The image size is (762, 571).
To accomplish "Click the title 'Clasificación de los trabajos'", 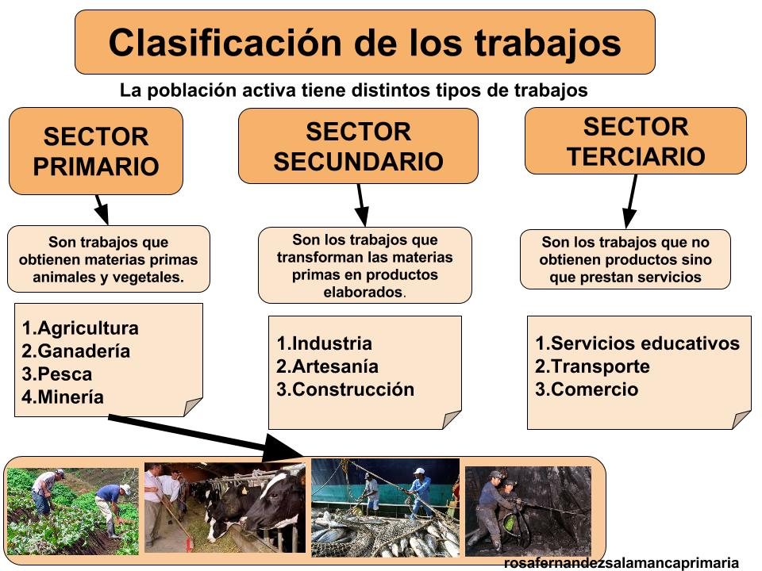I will [364, 42].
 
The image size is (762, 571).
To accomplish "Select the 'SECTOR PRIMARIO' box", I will [96, 151].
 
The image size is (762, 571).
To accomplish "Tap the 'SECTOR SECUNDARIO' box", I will [358, 146].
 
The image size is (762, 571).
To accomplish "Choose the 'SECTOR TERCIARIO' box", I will [636, 141].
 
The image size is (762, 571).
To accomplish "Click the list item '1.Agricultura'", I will [80, 328].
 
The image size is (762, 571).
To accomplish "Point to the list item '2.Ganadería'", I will [76, 351].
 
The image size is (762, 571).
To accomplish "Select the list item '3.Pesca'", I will [57, 374].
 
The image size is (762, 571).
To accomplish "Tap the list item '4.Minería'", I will [63, 397].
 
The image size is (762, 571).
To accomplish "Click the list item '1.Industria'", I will [324, 343].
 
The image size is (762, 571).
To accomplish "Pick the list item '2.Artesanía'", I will [327, 366].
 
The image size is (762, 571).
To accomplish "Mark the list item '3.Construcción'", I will [345, 389].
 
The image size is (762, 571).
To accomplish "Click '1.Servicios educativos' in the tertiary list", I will [637, 343].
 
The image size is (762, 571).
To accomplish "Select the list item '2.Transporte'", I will [592, 366].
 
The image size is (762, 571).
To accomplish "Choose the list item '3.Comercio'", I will [587, 389].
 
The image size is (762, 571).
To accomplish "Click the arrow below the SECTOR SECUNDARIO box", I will [361, 205].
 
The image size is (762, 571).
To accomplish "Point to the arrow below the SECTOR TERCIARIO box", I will [631, 201].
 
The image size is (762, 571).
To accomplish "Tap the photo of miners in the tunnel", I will [528, 510].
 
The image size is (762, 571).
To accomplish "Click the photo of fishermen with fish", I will [385, 508].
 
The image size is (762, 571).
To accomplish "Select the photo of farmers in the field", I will [71, 510].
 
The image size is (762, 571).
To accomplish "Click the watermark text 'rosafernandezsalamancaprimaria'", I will [622, 563].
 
